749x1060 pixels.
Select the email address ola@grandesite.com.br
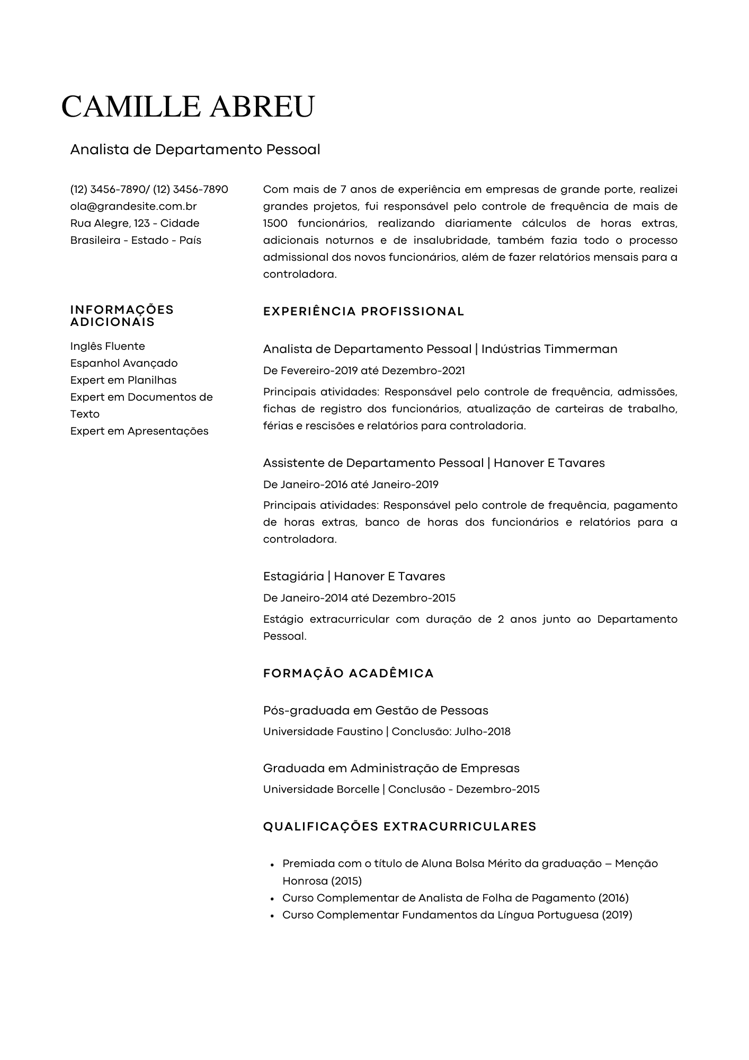[x=133, y=206]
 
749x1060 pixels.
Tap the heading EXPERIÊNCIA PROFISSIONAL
[x=363, y=312]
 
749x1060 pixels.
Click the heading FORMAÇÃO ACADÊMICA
[x=348, y=674]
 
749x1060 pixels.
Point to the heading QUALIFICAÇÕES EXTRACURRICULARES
[x=399, y=827]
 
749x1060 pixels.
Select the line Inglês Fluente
[x=108, y=346]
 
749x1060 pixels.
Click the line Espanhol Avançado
[x=124, y=363]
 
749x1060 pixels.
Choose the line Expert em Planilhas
[x=123, y=380]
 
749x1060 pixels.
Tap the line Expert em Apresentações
[x=139, y=431]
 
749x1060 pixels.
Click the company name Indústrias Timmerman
[x=549, y=349]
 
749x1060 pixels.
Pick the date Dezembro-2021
[x=423, y=370]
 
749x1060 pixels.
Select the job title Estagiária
[x=293, y=577]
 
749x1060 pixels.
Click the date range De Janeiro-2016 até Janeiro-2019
[x=351, y=484]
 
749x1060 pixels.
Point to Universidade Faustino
[x=323, y=732]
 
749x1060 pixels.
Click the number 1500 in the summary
[x=275, y=223]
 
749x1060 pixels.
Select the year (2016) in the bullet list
[x=613, y=898]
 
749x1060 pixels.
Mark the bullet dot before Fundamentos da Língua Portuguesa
[x=272, y=915]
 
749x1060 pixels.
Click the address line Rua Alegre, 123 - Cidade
[x=135, y=223]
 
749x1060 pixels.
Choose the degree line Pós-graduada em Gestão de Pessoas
[x=376, y=711]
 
